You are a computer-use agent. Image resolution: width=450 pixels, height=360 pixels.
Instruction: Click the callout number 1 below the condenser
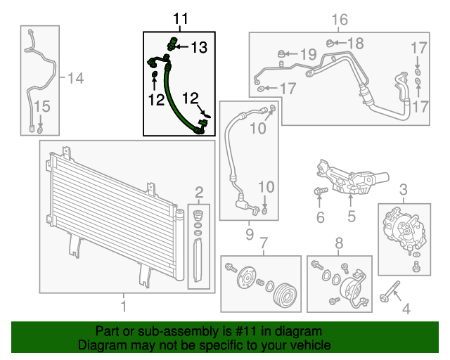coord(124,307)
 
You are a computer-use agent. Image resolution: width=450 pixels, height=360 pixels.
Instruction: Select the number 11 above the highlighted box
coord(181,19)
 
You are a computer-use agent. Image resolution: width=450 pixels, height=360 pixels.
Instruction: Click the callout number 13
coord(199,48)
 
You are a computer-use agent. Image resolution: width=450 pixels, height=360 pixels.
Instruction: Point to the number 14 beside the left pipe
coord(75,78)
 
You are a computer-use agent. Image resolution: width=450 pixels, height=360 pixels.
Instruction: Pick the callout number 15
coord(42,107)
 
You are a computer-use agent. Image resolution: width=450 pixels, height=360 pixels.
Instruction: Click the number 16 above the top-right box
coord(340,20)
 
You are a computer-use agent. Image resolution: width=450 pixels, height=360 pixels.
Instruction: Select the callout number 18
coord(356,44)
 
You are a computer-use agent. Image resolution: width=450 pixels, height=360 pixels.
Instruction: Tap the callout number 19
coord(309,54)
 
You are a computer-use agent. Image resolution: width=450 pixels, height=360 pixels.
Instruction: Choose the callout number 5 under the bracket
coord(352,217)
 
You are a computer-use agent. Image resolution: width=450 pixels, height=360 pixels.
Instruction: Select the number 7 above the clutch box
coord(264,243)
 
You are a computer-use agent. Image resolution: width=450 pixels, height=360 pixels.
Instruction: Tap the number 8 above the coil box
coord(338,243)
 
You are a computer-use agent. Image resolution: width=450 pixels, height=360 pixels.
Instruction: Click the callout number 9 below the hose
coord(250,233)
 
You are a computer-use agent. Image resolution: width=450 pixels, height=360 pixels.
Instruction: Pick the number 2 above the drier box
coord(200,191)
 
